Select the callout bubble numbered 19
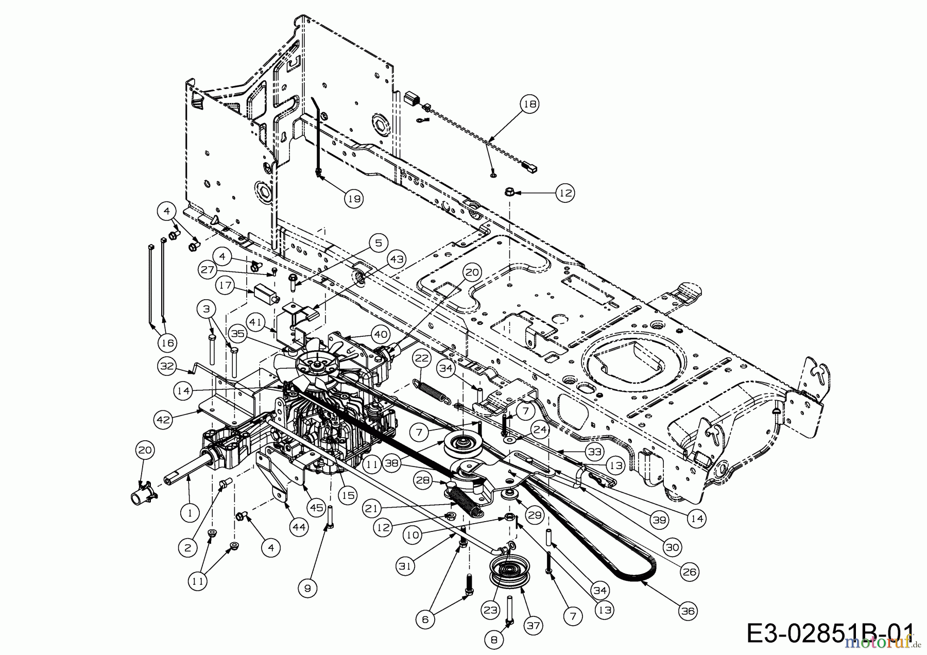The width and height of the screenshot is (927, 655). (x=354, y=198)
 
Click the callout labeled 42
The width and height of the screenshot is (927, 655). (x=163, y=420)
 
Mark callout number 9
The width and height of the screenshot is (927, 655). (x=307, y=588)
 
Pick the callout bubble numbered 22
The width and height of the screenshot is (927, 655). (x=422, y=358)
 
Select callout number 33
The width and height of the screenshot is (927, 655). (x=595, y=452)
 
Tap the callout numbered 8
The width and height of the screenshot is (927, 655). (x=494, y=640)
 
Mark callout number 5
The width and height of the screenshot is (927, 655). (x=378, y=242)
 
